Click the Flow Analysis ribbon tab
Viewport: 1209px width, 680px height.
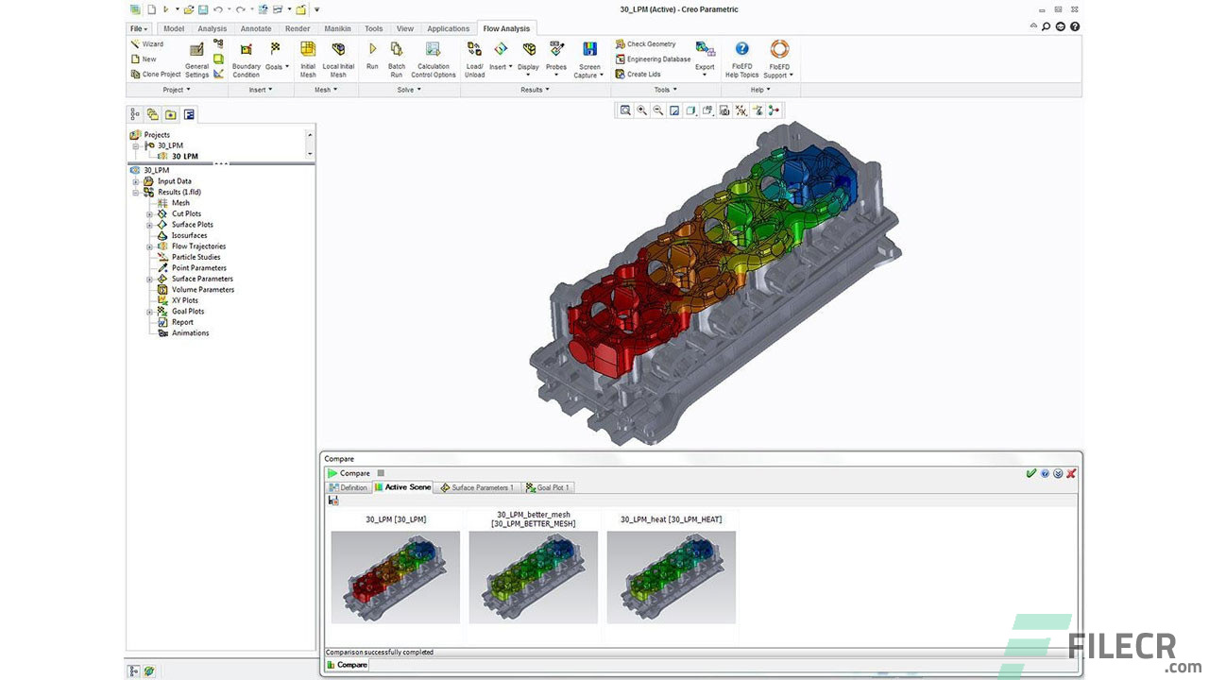click(505, 28)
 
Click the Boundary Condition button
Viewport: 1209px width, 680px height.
click(247, 59)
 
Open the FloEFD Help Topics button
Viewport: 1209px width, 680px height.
click(741, 59)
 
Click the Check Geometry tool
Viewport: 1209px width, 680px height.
click(645, 43)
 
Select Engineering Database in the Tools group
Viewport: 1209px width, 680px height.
click(653, 59)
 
